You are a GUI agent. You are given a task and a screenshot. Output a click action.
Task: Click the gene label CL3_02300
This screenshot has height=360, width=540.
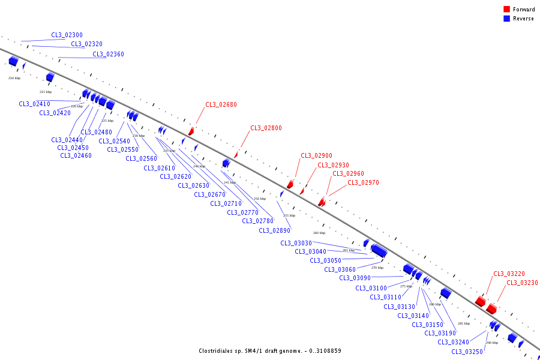point(67,35)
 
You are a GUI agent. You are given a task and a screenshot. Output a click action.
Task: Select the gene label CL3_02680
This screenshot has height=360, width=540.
point(221,104)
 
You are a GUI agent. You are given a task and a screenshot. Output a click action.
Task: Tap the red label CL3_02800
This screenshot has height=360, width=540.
point(266,128)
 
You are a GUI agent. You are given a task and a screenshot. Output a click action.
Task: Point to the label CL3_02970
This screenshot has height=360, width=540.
point(363,182)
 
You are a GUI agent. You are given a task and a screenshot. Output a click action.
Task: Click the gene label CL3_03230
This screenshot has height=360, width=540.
point(522,283)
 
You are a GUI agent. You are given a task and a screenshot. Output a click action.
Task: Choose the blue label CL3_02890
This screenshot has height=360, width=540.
point(274,230)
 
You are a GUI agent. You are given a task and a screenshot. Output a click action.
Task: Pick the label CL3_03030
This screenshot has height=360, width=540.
point(296,243)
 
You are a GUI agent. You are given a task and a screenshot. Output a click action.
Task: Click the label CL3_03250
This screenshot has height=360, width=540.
point(467,352)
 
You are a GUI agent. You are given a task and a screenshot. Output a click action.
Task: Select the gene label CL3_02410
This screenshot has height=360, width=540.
point(34,104)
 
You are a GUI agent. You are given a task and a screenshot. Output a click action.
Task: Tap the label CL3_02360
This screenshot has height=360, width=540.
point(108,54)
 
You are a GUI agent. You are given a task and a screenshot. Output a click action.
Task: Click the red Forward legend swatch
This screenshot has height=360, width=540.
point(506,10)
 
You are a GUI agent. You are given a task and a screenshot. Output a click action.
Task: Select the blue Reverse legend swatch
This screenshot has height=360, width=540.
point(506,19)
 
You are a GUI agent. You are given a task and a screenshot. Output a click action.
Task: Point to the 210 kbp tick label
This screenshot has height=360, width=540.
point(14,78)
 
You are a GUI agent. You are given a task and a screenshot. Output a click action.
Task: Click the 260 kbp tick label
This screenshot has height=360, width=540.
point(319,233)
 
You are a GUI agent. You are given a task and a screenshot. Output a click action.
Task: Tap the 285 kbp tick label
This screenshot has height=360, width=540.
point(463,323)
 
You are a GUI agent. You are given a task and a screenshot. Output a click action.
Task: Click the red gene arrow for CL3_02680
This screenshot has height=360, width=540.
point(191,131)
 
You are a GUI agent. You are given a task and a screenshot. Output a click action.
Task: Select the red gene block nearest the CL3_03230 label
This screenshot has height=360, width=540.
point(491,308)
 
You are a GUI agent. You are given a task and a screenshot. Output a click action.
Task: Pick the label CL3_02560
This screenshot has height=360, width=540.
point(141,158)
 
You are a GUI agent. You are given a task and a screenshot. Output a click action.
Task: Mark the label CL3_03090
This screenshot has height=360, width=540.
point(355,278)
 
